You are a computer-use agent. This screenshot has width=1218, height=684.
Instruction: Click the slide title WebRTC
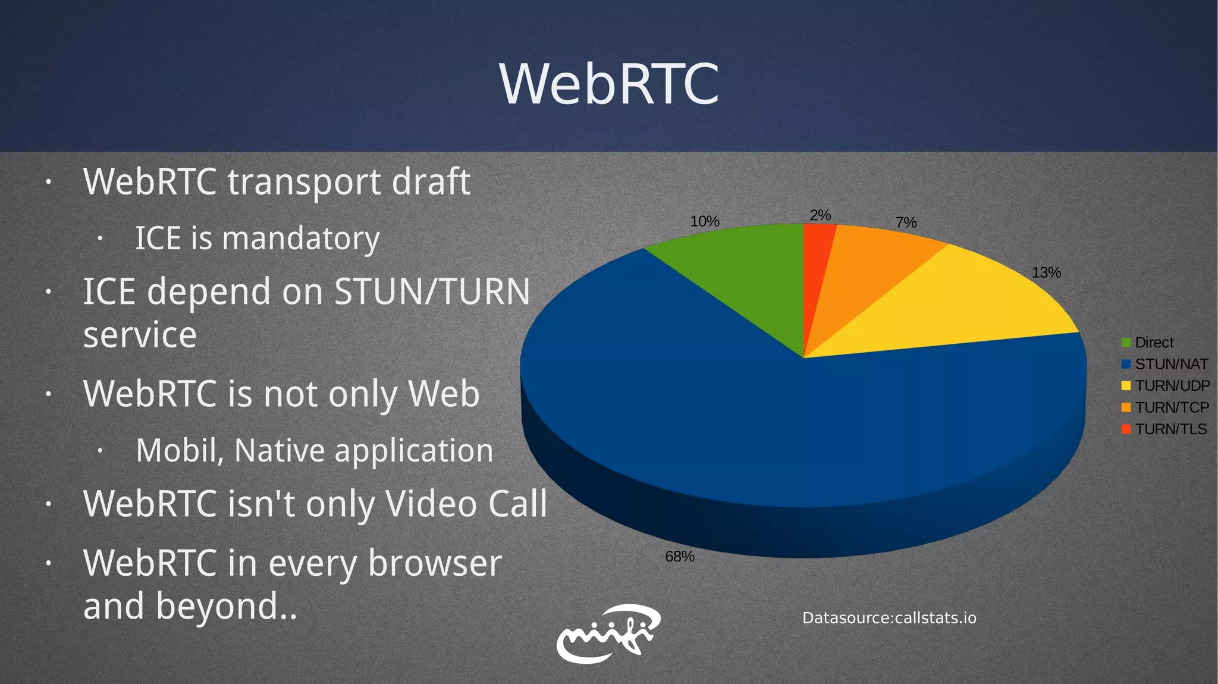(609, 84)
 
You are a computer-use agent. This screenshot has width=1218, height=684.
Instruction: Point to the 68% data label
(679, 557)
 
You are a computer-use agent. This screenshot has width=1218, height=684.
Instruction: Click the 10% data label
(705, 221)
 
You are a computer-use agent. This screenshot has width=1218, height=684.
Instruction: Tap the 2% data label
(820, 215)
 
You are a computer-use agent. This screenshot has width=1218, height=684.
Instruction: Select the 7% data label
(906, 222)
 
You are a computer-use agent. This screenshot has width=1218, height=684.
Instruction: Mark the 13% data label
(1046, 272)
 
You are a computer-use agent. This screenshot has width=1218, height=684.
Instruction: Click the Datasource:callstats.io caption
(889, 618)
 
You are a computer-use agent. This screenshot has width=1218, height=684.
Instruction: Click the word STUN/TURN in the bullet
(432, 291)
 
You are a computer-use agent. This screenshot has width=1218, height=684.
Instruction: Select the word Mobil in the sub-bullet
(179, 450)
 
